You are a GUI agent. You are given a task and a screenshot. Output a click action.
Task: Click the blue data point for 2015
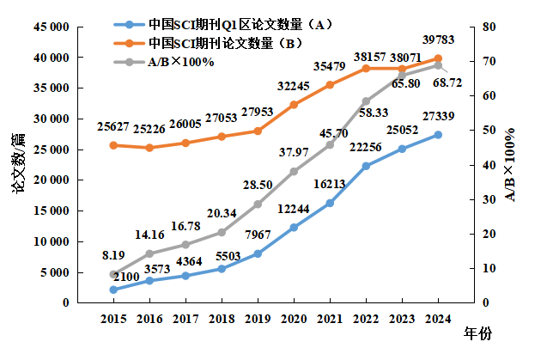tap(113, 290)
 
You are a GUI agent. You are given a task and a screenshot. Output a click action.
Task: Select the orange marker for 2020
tap(294, 105)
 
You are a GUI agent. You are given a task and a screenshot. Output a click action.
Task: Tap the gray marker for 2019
tap(258, 204)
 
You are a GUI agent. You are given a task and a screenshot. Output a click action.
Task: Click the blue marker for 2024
tap(438, 135)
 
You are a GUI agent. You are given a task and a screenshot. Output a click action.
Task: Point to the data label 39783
tap(439, 40)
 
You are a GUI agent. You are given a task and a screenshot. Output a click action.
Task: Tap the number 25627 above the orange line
tap(114, 127)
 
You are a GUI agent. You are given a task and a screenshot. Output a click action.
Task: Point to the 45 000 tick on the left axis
tap(51, 27)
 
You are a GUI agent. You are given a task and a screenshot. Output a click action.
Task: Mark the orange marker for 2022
tap(366, 68)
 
